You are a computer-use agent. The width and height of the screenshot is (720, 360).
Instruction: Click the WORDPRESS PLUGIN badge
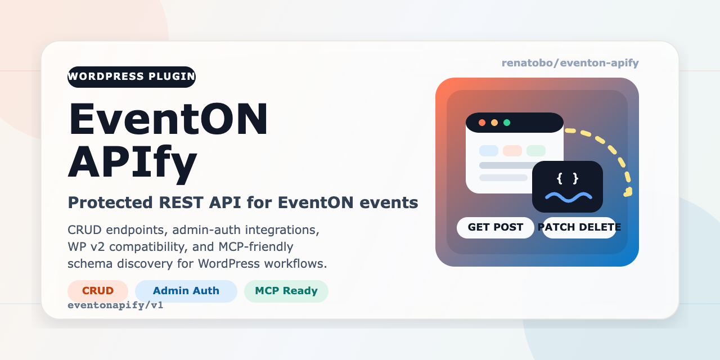click(132, 76)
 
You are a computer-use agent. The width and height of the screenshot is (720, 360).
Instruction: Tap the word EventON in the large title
click(168, 119)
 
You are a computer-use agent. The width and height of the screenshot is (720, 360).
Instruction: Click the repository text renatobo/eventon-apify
click(570, 63)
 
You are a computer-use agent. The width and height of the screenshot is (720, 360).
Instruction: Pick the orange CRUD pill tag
click(98, 291)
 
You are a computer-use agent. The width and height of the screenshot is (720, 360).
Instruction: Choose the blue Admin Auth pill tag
click(186, 291)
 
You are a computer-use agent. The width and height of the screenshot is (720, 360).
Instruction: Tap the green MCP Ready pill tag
click(286, 291)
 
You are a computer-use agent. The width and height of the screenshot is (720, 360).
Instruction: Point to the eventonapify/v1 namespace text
click(115, 305)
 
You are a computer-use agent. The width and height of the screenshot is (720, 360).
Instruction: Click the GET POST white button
click(496, 227)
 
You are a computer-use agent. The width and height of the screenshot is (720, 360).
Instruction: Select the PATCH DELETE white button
click(579, 227)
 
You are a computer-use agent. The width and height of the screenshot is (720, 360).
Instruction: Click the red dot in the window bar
click(482, 123)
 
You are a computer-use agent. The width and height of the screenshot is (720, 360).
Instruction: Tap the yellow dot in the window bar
click(494, 123)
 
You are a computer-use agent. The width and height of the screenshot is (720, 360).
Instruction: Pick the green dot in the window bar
click(507, 123)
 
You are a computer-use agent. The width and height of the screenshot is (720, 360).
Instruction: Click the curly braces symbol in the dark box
click(568, 178)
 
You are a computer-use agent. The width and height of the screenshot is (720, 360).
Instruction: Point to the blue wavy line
click(568, 196)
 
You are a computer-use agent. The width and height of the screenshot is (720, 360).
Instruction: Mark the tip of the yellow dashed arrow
click(626, 193)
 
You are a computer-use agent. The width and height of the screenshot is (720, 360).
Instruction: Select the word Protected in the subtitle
click(102, 202)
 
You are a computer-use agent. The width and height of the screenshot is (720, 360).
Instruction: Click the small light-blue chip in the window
click(489, 151)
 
